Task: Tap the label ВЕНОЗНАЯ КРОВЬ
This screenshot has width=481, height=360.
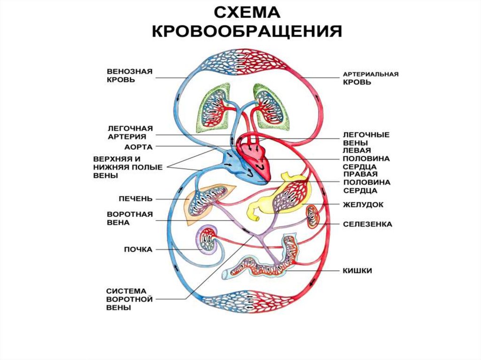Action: coord(130,76)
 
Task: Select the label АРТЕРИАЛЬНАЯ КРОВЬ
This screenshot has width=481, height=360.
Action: coord(371,78)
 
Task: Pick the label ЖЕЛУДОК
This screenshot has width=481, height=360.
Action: coord(363,205)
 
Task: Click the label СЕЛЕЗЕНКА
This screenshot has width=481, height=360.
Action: coord(367,224)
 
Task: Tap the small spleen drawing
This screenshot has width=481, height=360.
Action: coord(313,216)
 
